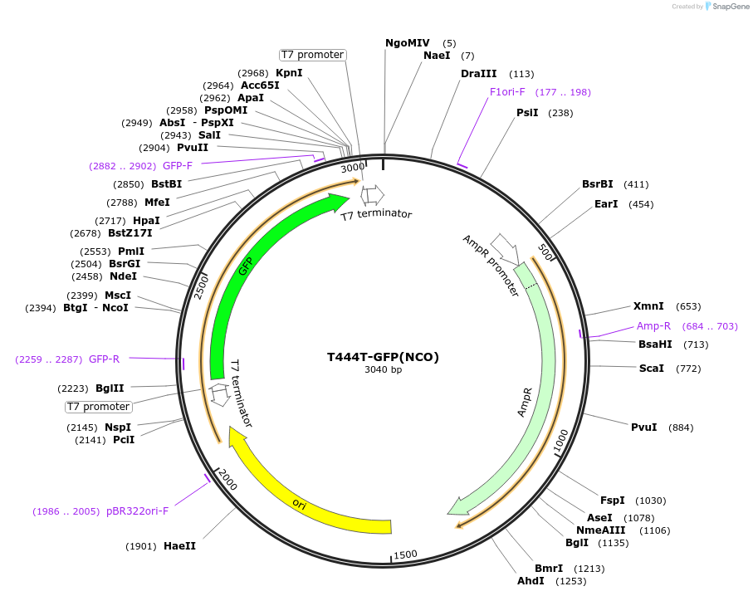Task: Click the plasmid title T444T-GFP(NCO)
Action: click(383, 357)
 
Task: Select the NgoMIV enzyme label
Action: click(408, 42)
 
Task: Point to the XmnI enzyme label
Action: click(649, 306)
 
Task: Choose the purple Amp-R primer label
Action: click(653, 326)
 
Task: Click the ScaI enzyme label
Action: click(651, 368)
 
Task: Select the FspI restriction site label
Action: click(612, 500)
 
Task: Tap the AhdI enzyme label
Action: click(531, 581)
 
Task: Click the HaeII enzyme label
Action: click(179, 546)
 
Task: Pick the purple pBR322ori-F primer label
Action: click(137, 511)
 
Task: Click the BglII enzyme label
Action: click(110, 388)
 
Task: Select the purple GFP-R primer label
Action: click(104, 359)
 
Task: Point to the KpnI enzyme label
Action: click(289, 73)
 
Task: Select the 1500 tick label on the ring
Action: click(405, 554)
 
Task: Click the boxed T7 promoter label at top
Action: click(312, 55)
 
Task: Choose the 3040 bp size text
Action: click(383, 370)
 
